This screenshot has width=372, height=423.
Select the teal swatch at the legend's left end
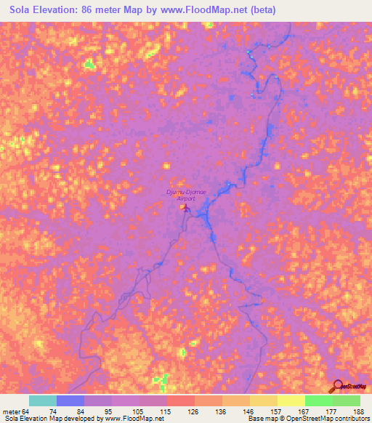[43, 400]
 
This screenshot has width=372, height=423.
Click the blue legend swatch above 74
[70, 400]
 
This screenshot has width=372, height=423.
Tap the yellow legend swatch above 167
[291, 400]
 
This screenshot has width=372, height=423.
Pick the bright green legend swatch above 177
[318, 400]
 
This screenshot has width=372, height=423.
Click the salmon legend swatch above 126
[180, 400]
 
